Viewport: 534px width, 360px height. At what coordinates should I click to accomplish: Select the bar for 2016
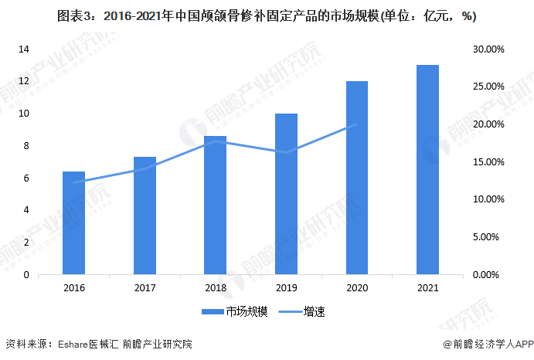(73, 223)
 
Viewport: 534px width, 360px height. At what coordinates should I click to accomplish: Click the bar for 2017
(145, 216)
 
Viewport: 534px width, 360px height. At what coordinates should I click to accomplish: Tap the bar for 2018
(216, 205)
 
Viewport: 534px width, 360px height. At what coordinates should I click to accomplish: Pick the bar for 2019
(286, 194)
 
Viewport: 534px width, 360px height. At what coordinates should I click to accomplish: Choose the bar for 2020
(357, 178)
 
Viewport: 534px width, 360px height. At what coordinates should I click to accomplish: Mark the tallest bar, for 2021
(427, 170)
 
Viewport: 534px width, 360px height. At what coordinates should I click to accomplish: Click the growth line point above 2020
(357, 124)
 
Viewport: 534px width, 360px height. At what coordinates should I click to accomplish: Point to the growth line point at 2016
(73, 182)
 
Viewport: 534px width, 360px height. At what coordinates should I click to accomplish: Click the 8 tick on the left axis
(27, 146)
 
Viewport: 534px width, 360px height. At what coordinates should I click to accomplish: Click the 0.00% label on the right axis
(491, 275)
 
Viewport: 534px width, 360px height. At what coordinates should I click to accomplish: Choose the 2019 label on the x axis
(286, 288)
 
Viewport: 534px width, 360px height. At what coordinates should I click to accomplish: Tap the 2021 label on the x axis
(427, 288)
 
